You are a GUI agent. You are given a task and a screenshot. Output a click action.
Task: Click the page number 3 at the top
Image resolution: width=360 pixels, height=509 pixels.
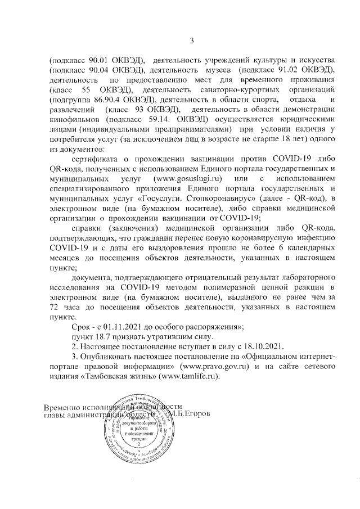click(191, 40)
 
